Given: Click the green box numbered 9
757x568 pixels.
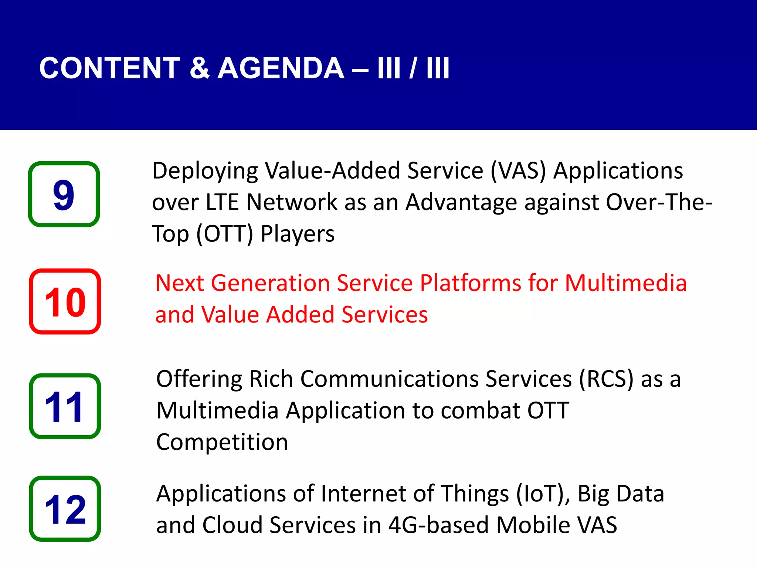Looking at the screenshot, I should coord(64,194).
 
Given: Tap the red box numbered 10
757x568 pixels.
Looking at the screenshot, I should coord(65,301).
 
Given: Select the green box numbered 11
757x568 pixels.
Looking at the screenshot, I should coord(65,406).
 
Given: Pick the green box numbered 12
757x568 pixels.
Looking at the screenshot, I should coord(65,509).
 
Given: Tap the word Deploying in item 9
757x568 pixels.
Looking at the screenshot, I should coord(205,171).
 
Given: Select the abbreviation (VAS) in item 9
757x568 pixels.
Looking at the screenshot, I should coord(518,171).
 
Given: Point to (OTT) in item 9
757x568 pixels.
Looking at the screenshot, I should coord(225,234).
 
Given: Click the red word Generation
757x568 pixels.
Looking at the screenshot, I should coord(270,284).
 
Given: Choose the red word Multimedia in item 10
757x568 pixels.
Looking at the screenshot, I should coord(626,284).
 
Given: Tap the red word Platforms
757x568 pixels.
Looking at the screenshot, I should coord(470,284).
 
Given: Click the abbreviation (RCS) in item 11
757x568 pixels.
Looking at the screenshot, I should coord(606,379).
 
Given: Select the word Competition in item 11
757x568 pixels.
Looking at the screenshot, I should coord(222,442).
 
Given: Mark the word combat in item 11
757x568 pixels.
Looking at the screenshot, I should coord(480,411).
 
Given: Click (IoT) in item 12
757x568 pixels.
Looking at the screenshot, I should coord(543,494).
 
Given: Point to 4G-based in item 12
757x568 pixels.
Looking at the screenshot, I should coord(438,525).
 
